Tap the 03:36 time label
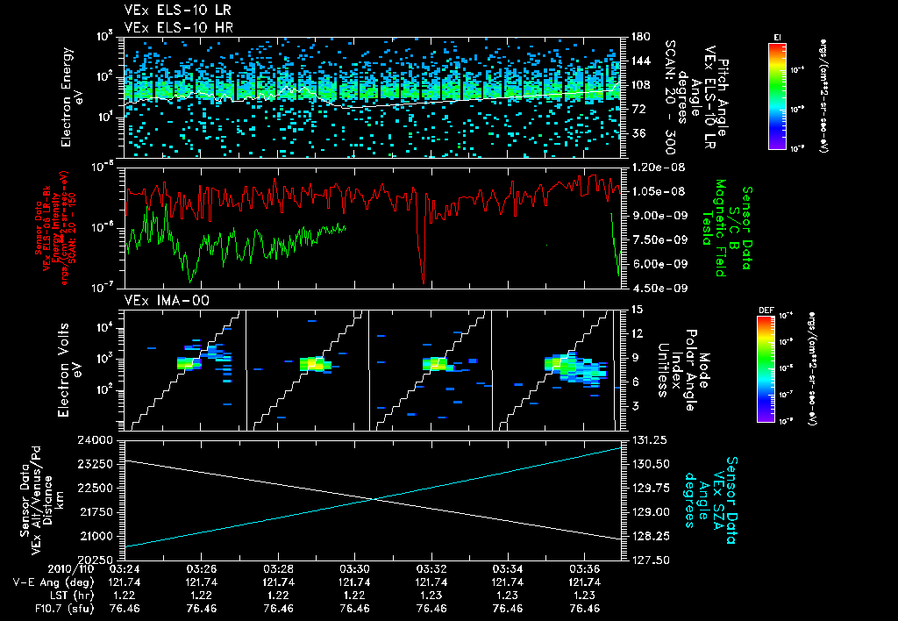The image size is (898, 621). coord(585,568)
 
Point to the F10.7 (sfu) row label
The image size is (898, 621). coord(53,608)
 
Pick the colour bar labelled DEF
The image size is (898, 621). coord(773,368)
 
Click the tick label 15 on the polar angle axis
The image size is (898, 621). coord(636,309)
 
